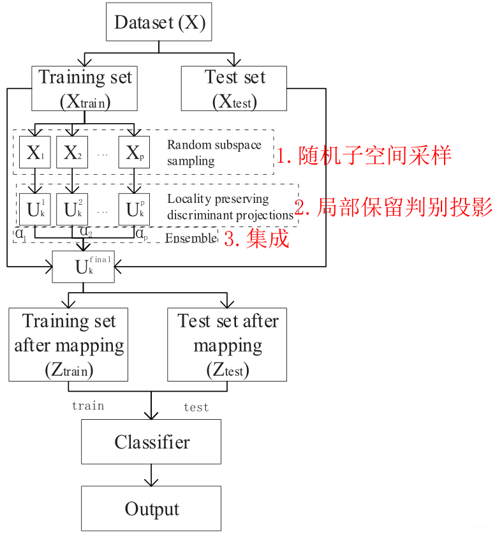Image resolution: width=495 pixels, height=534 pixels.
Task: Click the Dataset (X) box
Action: click(x=159, y=24)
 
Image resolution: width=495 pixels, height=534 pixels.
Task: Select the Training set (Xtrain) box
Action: click(x=85, y=89)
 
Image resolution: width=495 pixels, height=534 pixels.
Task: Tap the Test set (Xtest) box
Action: click(x=235, y=89)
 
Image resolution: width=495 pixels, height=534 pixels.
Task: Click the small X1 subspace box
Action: click(x=34, y=152)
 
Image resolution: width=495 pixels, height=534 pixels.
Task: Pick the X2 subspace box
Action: click(x=71, y=152)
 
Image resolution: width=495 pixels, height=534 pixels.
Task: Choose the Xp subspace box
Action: click(x=134, y=152)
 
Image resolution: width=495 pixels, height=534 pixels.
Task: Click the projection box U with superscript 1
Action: click(x=34, y=208)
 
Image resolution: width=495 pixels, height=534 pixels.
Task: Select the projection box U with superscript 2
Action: click(x=71, y=208)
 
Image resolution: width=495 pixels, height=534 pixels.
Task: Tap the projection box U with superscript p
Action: click(x=134, y=208)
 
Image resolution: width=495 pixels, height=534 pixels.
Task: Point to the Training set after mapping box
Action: click(x=68, y=345)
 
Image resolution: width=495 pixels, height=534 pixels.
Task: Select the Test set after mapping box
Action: click(x=227, y=345)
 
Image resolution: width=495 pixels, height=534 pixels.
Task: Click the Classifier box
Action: click(x=151, y=441)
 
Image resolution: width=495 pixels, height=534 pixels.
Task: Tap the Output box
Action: click(x=151, y=508)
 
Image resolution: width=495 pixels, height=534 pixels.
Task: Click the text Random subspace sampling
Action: click(x=214, y=152)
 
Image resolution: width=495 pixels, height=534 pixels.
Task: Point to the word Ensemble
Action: click(x=190, y=239)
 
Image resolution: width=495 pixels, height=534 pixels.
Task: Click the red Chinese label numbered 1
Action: click(x=364, y=155)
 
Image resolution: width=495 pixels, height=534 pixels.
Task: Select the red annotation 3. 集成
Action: click(x=257, y=239)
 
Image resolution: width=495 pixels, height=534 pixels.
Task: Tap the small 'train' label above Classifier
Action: click(x=87, y=406)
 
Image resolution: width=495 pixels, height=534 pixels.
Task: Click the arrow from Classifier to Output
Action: click(x=151, y=475)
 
